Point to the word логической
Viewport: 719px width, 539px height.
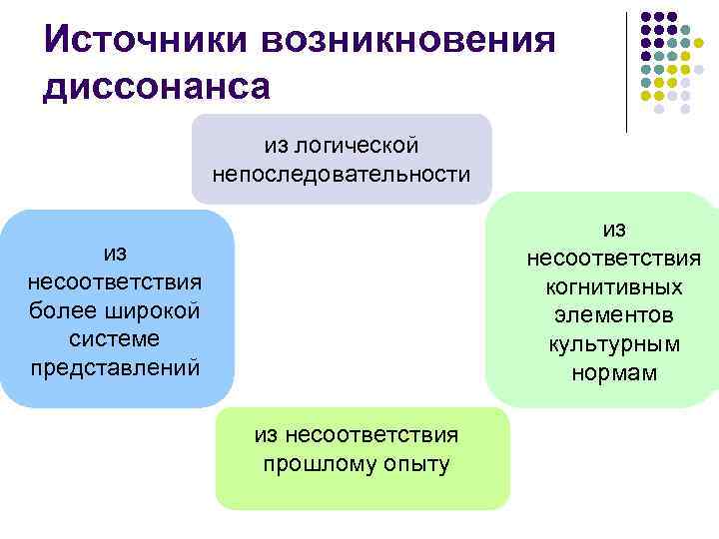(366, 146)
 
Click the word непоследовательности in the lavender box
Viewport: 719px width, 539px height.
(342, 174)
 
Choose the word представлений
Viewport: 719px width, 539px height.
(116, 367)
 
